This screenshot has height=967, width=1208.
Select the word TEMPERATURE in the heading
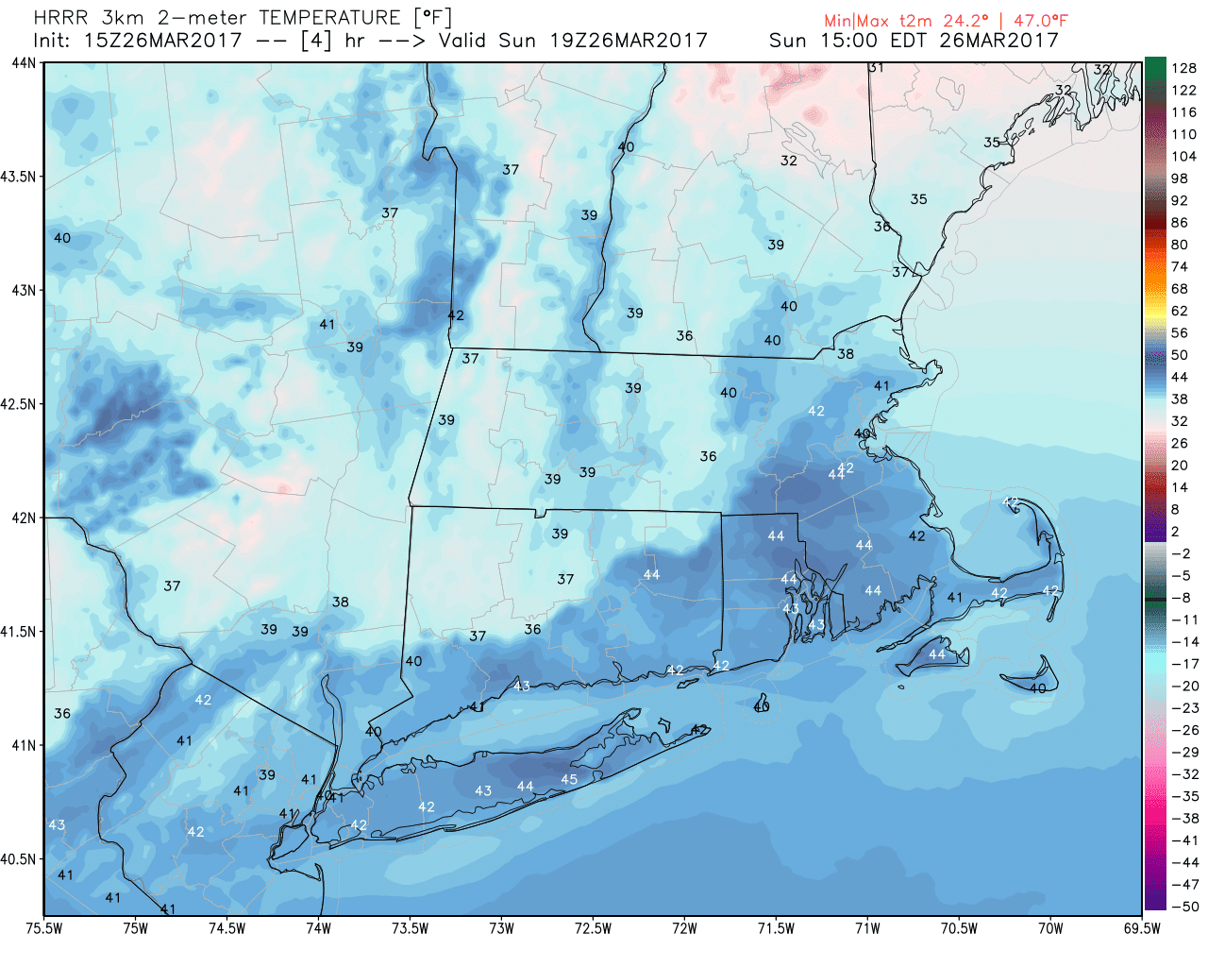point(329,18)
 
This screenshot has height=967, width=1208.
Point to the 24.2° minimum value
point(965,20)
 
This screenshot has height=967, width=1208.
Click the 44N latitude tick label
point(24,62)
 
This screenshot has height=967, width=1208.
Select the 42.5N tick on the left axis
point(18,404)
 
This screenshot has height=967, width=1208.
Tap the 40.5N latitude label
point(18,859)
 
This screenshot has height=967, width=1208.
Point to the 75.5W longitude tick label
point(44,928)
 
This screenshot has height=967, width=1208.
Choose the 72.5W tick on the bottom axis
point(593,928)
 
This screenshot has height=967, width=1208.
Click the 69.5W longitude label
point(1142,928)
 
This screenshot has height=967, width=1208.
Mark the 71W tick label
point(867,928)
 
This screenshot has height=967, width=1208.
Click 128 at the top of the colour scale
point(1183,68)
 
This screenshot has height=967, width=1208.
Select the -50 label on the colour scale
point(1184,907)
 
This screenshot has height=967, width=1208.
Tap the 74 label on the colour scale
point(1180,266)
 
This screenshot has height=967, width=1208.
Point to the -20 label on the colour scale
point(1184,686)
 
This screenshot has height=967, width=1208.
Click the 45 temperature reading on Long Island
point(569,779)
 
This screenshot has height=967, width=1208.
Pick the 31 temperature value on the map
point(876,67)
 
